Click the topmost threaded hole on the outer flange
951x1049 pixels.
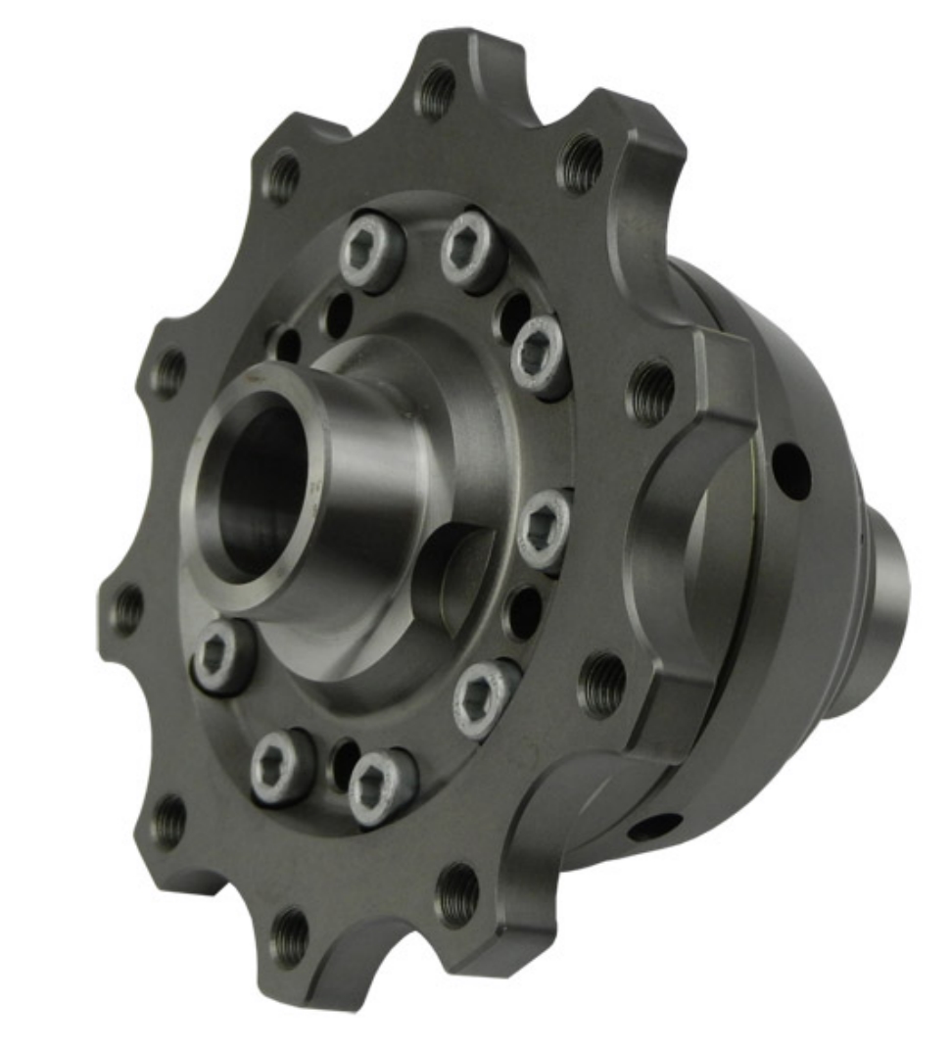point(437,91)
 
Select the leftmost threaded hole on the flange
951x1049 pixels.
point(127,608)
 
